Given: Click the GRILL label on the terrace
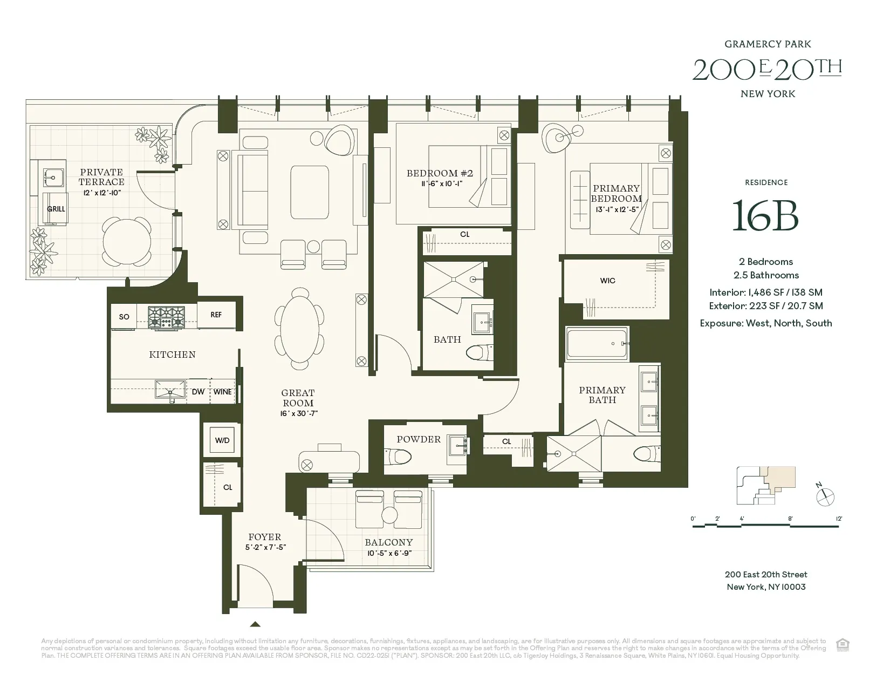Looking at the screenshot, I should tap(56, 209).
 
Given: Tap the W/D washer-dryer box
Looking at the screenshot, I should tap(222, 440).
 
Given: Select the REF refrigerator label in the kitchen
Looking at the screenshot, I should tap(216, 315).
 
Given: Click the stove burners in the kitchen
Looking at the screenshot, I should tap(166, 317).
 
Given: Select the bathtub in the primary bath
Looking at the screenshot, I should tap(597, 344).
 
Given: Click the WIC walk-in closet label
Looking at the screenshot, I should tap(607, 281).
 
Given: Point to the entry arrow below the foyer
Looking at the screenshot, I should tap(256, 624).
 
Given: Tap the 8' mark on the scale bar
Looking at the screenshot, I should tap(790, 519).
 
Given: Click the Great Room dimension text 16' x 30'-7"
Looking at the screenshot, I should tap(298, 413).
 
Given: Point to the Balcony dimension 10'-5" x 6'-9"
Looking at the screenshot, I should tap(389, 553).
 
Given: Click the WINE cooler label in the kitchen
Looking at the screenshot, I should tap(222, 392).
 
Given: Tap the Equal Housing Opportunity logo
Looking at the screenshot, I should tap(842, 644).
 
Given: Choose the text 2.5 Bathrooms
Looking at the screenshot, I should tap(766, 275).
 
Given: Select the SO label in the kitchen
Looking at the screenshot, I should tap(124, 317).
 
